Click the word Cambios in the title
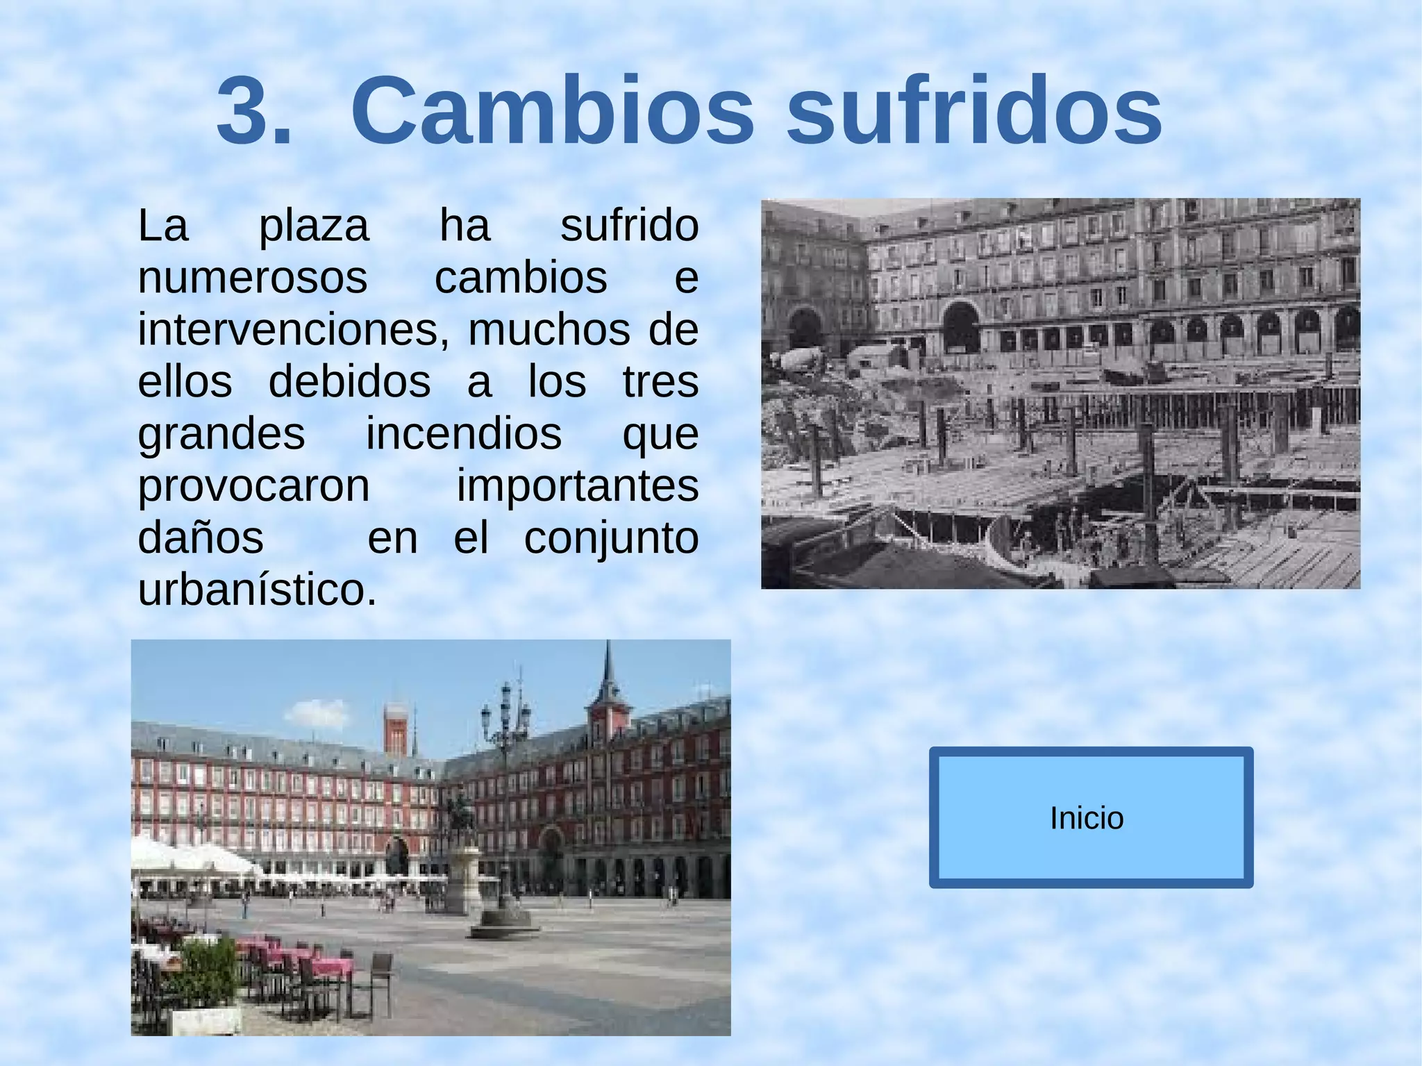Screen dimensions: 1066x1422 [x=552, y=111]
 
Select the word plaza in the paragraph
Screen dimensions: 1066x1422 [x=314, y=226]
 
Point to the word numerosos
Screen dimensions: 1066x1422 [x=253, y=278]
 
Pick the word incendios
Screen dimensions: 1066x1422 [x=464, y=434]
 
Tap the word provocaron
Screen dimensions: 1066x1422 [x=253, y=486]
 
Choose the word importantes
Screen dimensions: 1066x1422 [x=577, y=486]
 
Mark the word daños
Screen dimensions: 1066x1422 [x=201, y=538]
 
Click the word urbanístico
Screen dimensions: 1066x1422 [x=257, y=590]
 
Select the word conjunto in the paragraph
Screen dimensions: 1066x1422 [x=611, y=538]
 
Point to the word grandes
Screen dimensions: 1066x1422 [x=221, y=434]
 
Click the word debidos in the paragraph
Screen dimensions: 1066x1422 [x=349, y=382]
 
